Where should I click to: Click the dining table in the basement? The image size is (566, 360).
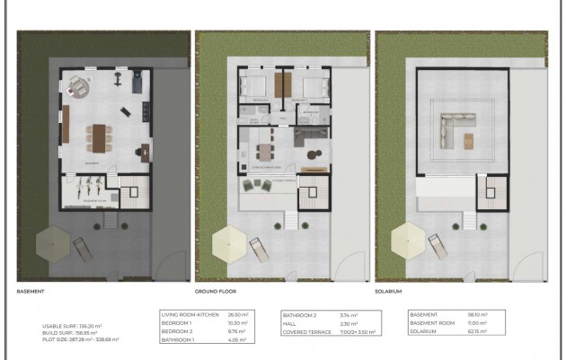[x=98, y=136]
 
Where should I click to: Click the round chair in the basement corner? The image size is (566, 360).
[x=80, y=87]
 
